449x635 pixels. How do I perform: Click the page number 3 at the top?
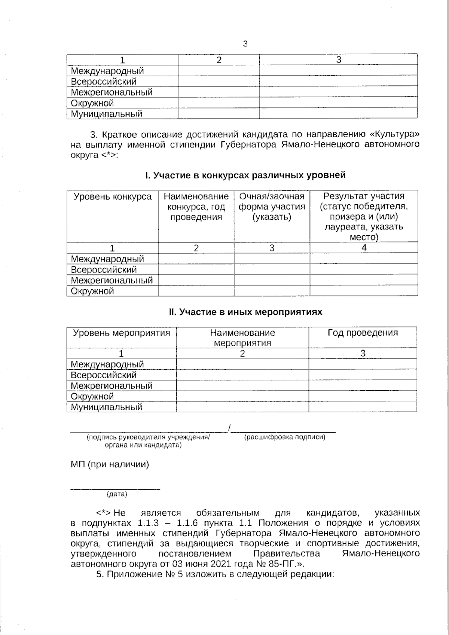(245, 44)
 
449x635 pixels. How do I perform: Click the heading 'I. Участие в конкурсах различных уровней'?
(245, 175)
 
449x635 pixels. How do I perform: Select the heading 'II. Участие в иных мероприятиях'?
(245, 312)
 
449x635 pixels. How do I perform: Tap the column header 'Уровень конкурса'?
(112, 197)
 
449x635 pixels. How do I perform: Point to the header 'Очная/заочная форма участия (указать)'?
(272, 207)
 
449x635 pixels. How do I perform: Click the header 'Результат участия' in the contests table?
(364, 196)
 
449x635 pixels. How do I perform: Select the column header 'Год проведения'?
(363, 333)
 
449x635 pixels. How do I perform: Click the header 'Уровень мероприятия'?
(121, 333)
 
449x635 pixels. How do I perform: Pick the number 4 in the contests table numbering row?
(364, 248)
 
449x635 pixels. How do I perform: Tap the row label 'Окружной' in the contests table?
(92, 291)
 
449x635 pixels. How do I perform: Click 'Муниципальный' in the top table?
(107, 114)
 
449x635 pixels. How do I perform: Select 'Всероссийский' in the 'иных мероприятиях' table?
(104, 375)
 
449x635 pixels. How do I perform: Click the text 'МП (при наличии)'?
(110, 464)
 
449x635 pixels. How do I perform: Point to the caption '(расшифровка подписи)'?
(284, 437)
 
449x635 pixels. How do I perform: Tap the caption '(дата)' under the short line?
(117, 494)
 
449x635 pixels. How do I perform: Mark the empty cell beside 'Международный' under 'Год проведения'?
(362, 364)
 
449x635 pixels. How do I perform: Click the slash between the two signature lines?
(229, 427)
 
